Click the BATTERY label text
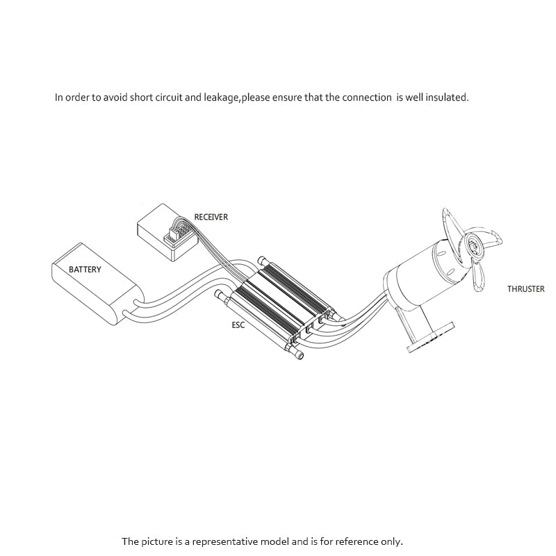(85, 270)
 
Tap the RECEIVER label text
(211, 217)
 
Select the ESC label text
(238, 325)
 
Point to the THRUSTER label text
(526, 289)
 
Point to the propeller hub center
(473, 244)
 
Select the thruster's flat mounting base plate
(431, 337)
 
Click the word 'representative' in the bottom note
(224, 541)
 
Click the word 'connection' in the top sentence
(367, 97)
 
